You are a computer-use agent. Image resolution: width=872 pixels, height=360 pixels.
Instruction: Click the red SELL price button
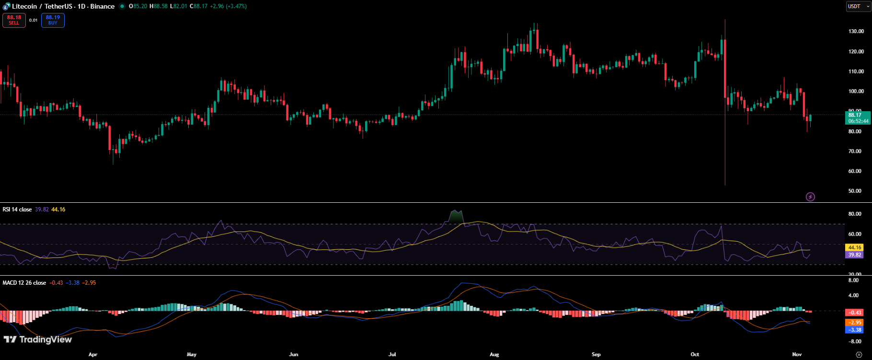(x=14, y=20)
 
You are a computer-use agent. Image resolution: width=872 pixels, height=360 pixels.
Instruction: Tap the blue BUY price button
(x=53, y=20)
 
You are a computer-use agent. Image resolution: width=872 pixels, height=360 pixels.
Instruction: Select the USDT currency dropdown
(x=858, y=6)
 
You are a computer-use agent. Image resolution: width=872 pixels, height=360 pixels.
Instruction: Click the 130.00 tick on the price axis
(x=856, y=31)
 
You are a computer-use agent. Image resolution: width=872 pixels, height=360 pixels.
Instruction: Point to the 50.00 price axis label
(x=855, y=191)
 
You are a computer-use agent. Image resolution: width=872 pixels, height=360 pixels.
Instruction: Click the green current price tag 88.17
(x=857, y=117)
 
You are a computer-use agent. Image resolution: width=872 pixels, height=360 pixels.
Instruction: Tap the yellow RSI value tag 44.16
(x=855, y=247)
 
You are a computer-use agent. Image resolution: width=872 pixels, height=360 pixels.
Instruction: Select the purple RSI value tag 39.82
(x=855, y=255)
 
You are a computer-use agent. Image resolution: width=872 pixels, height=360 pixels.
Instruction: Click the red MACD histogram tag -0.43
(x=855, y=313)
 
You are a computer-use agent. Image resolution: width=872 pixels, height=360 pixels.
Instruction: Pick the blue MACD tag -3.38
(x=855, y=330)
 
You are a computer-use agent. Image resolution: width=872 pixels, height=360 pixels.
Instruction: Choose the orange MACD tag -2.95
(x=855, y=323)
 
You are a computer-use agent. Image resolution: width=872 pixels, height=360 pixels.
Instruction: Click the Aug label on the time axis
(x=494, y=355)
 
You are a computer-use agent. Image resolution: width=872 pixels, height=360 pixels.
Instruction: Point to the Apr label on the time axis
(x=93, y=355)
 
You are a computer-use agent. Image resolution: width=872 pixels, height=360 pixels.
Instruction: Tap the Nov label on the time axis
(x=797, y=355)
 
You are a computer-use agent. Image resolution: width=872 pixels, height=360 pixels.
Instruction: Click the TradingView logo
(x=38, y=339)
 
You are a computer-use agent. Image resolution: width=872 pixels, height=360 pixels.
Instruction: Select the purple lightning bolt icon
(x=810, y=197)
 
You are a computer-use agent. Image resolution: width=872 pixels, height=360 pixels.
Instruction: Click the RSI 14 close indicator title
(x=17, y=209)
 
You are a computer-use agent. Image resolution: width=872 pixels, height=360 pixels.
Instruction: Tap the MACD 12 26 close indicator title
(x=24, y=283)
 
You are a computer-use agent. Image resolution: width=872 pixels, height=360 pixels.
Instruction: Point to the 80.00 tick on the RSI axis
(x=855, y=214)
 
